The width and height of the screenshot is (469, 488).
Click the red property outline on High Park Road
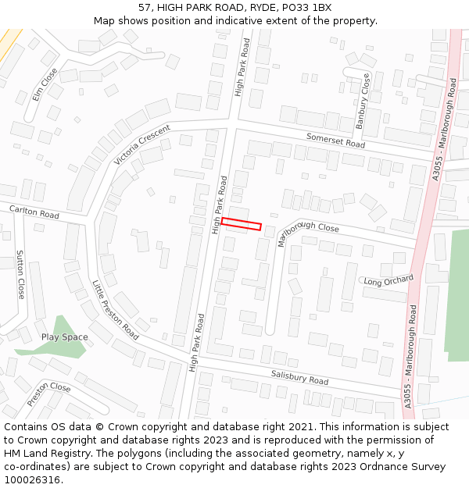click(x=241, y=224)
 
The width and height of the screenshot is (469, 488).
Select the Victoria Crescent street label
click(x=141, y=145)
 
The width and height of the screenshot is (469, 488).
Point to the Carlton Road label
click(x=34, y=212)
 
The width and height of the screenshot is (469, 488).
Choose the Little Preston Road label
click(x=116, y=310)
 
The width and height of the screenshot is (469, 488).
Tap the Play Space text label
click(x=65, y=337)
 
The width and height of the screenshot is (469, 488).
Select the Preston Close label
click(x=48, y=394)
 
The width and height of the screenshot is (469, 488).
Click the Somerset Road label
click(x=335, y=141)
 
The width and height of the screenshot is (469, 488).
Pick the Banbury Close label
click(x=361, y=101)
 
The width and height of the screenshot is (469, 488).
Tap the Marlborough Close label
click(x=308, y=233)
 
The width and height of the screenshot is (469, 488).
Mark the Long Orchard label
click(x=388, y=280)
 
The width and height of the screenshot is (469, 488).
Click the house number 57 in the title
click(x=145, y=7)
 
